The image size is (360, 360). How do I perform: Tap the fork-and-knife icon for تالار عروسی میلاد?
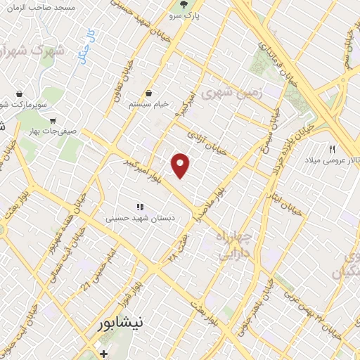[x=333, y=149]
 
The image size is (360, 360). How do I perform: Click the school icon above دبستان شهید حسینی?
[x=140, y=207]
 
